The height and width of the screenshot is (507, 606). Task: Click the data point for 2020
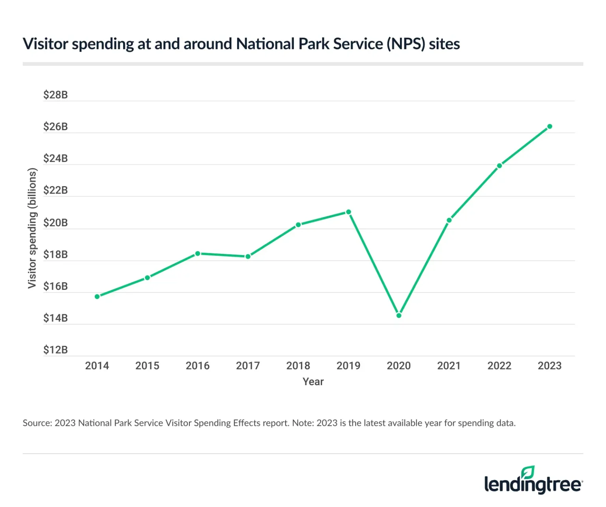click(x=399, y=315)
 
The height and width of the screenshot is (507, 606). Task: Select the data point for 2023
click(x=550, y=127)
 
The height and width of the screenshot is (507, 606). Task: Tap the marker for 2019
click(x=348, y=212)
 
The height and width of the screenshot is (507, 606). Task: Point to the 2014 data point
click(x=97, y=296)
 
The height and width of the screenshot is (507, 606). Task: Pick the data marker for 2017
click(x=248, y=257)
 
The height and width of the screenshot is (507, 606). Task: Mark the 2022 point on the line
click(x=499, y=166)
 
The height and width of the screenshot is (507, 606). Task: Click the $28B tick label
click(x=55, y=95)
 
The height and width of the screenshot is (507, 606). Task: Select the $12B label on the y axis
click(x=55, y=350)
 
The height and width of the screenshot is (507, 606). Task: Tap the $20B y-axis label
click(x=55, y=223)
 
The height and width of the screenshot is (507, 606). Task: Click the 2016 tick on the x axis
click(x=198, y=366)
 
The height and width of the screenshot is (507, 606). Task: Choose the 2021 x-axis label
click(x=449, y=366)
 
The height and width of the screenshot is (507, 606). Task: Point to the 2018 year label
click(x=298, y=366)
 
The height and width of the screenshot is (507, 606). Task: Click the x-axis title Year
click(x=313, y=382)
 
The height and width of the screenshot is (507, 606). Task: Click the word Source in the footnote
click(x=37, y=423)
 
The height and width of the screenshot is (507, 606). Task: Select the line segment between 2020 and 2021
click(x=424, y=268)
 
